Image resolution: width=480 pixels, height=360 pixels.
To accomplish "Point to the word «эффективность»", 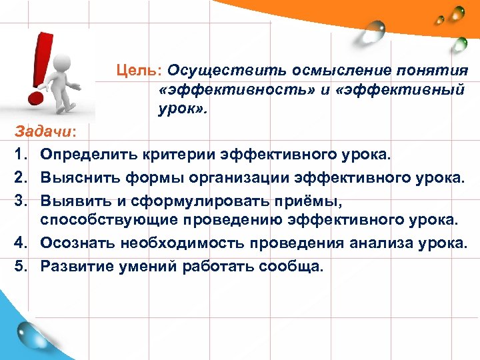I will tap(219, 89).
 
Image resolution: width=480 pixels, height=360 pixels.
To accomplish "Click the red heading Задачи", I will tap(32, 132).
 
